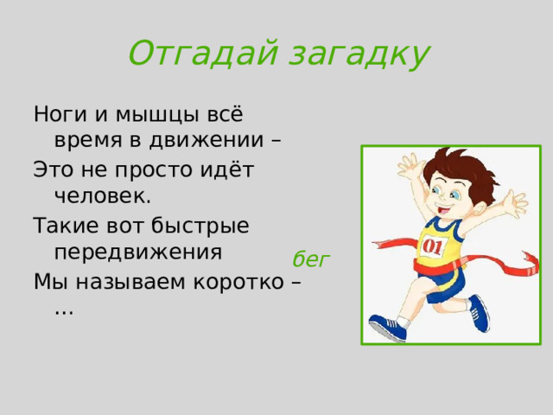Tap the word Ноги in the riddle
pyautogui.click(x=58, y=114)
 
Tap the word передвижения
pyautogui.click(x=138, y=252)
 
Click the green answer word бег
pyautogui.click(x=311, y=259)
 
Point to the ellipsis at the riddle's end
pyautogui.click(x=63, y=309)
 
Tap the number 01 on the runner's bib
pyautogui.click(x=431, y=247)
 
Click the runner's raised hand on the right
pyautogui.click(x=517, y=204)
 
